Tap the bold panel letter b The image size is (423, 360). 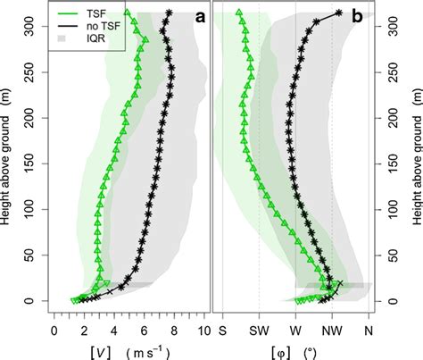point(357,17)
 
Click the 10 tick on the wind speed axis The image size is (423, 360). point(203,330)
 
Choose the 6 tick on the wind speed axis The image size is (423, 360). point(143,330)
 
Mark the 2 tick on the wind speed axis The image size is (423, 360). point(84,330)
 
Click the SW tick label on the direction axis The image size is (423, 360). point(259,330)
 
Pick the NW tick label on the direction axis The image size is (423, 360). point(332,330)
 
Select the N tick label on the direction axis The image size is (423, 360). point(369,330)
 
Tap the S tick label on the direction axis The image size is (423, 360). point(223,330)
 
